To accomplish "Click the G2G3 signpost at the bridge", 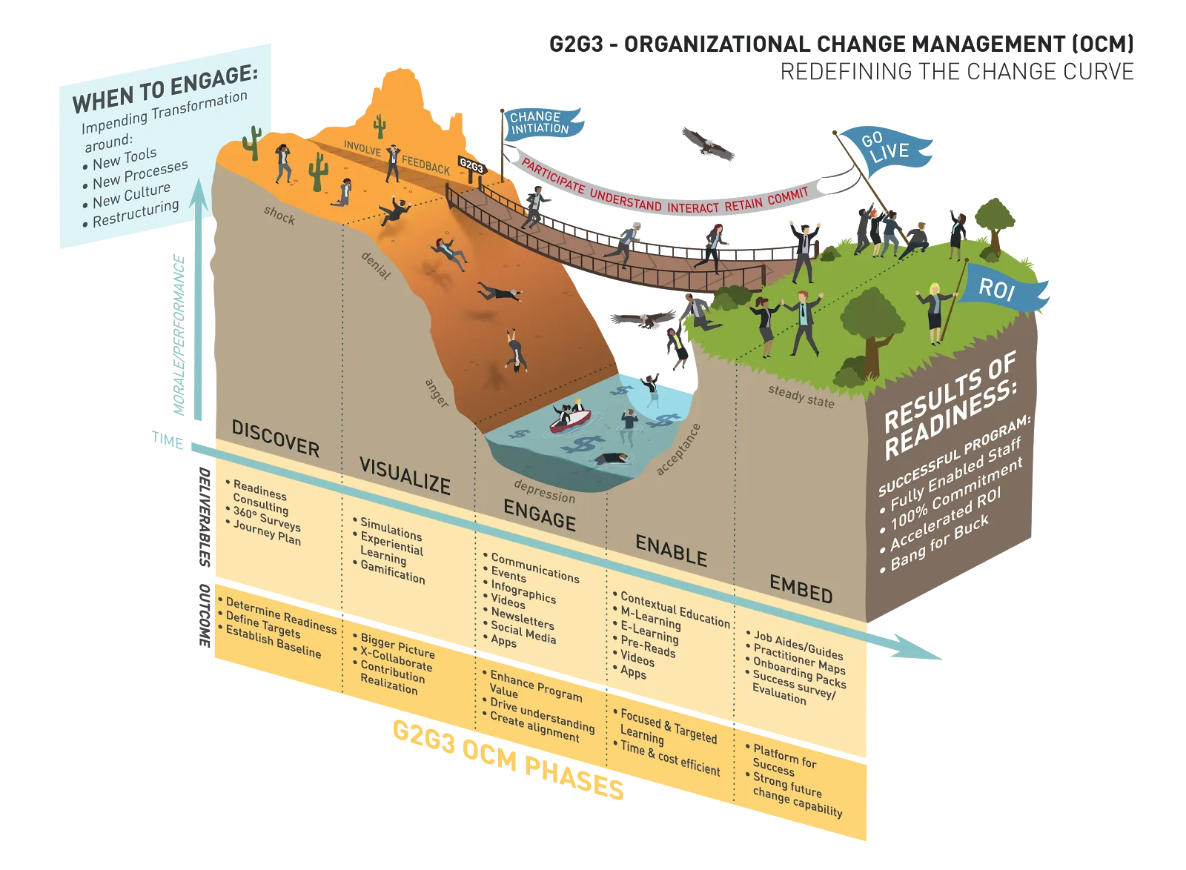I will [471, 166].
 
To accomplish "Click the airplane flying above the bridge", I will [707, 145].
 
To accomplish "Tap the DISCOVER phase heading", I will [275, 437].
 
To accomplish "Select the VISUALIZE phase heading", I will [405, 476].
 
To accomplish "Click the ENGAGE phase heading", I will [539, 514].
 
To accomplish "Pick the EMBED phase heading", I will [801, 589].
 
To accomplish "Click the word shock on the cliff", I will [279, 215].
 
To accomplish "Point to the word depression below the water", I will [544, 491].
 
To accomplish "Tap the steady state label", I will [801, 396].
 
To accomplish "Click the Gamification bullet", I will [392, 572].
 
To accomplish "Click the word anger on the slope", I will [437, 393].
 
